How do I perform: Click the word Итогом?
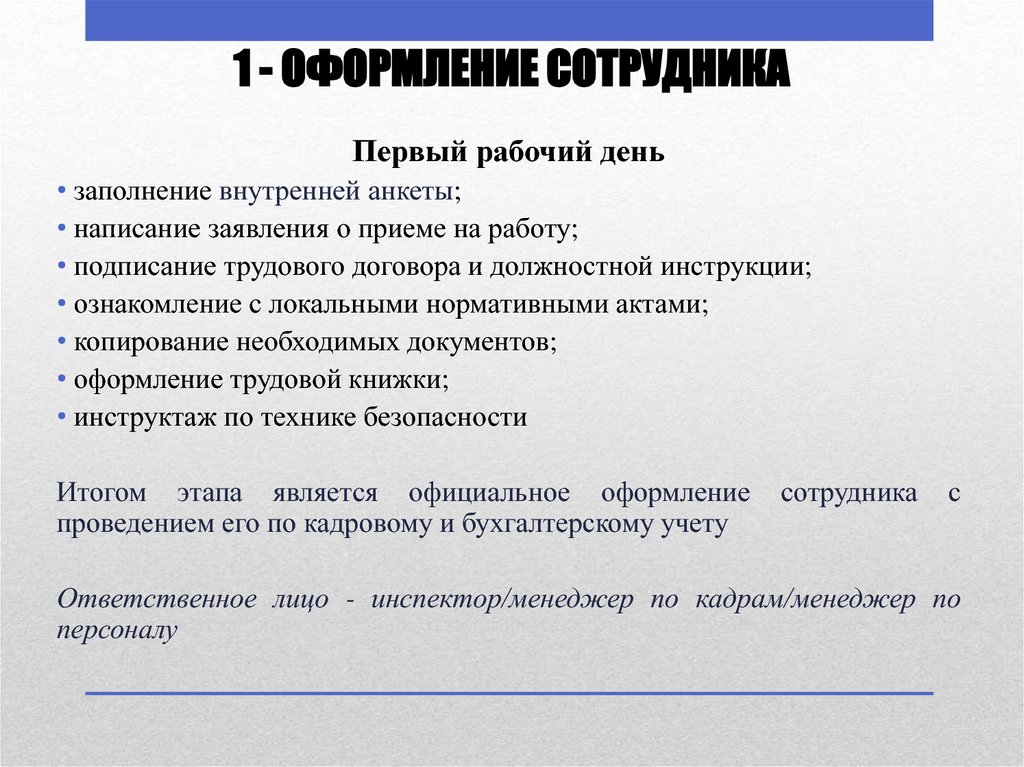point(102,493)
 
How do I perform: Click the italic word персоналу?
point(117,631)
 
